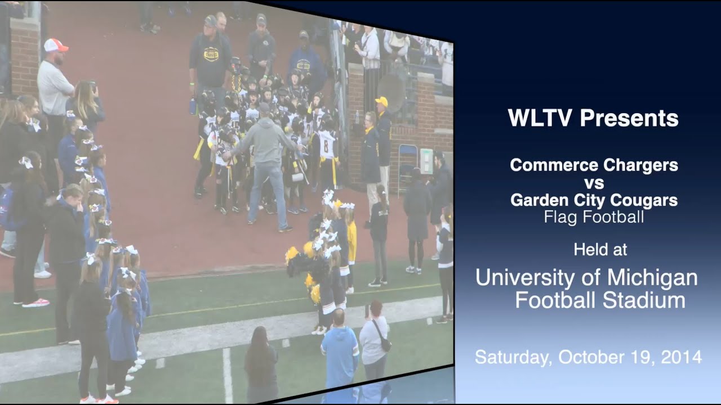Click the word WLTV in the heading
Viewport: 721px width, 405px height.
click(x=540, y=119)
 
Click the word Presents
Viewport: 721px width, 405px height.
click(x=629, y=119)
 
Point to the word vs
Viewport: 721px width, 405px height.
click(x=594, y=183)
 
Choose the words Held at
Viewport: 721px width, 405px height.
click(x=600, y=249)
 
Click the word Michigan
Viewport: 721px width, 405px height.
click(x=653, y=278)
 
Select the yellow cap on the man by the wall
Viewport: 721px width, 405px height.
click(x=382, y=101)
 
